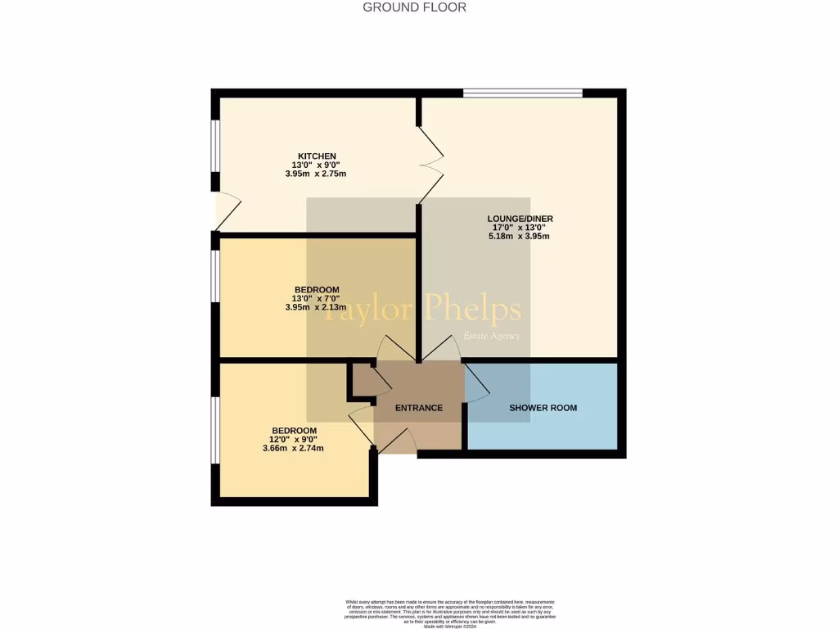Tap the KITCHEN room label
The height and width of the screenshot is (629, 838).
click(317, 156)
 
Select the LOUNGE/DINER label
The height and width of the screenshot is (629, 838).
click(520, 219)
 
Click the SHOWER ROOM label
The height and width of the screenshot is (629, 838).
click(543, 408)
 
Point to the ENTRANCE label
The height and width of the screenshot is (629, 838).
click(419, 408)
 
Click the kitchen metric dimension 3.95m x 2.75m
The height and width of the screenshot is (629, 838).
click(316, 174)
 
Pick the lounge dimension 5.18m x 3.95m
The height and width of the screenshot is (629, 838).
click(519, 237)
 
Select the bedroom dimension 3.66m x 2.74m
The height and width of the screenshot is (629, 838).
click(293, 449)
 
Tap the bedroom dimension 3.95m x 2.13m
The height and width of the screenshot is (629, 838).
click(316, 307)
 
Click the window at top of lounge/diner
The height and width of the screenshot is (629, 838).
click(522, 93)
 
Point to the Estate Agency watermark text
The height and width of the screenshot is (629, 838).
click(492, 336)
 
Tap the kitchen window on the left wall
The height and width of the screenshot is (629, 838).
click(215, 146)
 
